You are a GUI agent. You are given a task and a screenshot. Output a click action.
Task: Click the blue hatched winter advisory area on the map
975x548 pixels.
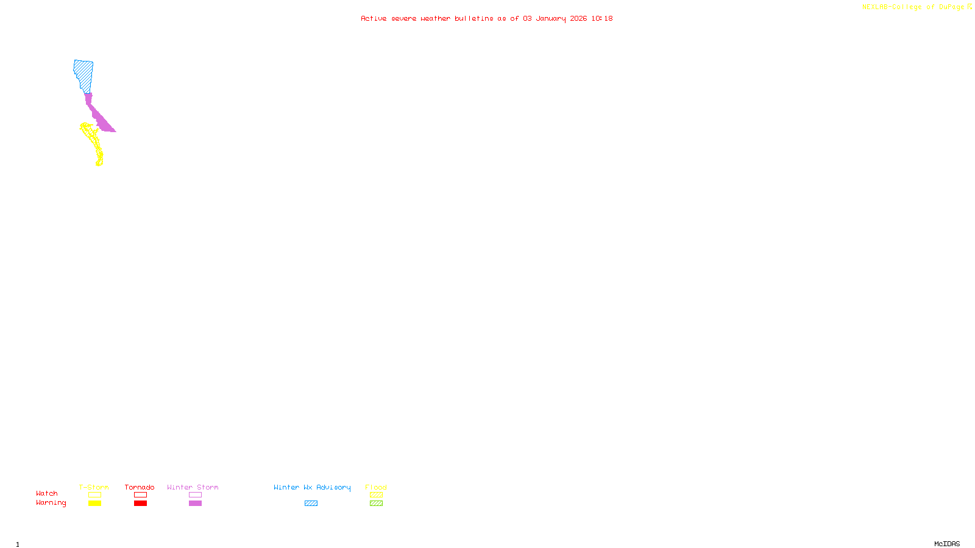(x=83, y=76)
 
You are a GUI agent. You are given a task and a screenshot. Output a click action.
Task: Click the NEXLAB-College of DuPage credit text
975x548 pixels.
(x=913, y=7)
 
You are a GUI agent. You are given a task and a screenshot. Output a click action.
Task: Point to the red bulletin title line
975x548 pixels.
(x=486, y=18)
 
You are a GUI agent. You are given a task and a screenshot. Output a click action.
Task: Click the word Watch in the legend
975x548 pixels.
(x=47, y=493)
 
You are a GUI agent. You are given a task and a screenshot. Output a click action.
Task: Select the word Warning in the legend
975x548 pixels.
(x=51, y=503)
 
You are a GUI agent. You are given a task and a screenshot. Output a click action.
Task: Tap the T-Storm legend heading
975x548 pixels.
(x=94, y=487)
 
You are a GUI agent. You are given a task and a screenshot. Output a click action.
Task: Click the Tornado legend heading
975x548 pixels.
(x=140, y=487)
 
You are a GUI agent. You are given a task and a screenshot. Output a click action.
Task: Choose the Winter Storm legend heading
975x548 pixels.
(x=193, y=487)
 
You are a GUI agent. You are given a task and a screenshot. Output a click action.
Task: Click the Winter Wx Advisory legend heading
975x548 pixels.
(x=312, y=487)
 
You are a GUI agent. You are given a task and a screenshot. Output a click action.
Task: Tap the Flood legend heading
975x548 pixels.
(x=376, y=487)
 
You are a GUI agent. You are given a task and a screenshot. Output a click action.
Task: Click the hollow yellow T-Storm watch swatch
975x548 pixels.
(x=94, y=495)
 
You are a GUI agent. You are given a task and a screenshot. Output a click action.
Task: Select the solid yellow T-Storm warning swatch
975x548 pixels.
(x=94, y=504)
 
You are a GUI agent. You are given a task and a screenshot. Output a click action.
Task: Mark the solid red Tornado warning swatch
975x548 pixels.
(x=140, y=504)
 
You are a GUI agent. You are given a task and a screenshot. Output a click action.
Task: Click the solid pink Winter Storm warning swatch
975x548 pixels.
(x=195, y=504)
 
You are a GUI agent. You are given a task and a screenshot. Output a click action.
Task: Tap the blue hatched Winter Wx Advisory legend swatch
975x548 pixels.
(x=311, y=504)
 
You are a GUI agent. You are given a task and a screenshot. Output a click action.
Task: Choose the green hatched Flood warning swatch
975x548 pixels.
(x=376, y=504)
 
